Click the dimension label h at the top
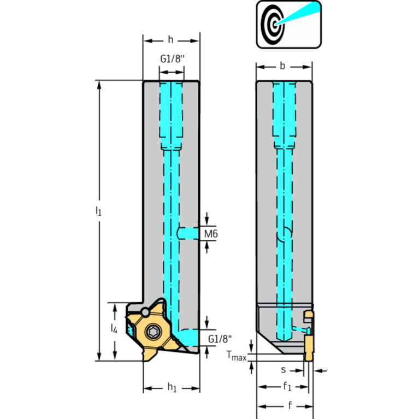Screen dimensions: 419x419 (x=170, y=40)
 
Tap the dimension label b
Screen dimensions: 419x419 (x=282, y=66)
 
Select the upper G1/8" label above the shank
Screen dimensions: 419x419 (x=173, y=58)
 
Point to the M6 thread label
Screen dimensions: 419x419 (x=211, y=234)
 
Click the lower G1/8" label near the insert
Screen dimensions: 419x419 (x=220, y=339)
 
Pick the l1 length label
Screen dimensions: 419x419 (x=98, y=210)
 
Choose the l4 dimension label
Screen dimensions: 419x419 (x=114, y=328)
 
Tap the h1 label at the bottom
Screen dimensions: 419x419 (x=172, y=387)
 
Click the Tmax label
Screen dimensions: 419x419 (x=236, y=356)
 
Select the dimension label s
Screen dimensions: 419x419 (x=284, y=370)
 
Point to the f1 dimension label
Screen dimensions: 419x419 (x=287, y=386)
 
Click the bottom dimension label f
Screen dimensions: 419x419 (x=290, y=405)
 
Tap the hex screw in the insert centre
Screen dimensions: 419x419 (x=153, y=332)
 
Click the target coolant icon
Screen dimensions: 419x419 (x=288, y=25)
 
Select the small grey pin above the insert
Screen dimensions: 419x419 (x=145, y=312)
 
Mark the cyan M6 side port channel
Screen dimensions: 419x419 (x=187, y=233)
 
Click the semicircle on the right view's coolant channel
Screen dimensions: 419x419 (x=284, y=234)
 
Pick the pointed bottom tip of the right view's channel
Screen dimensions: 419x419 (x=284, y=341)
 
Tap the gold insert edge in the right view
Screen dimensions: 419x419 (x=309, y=347)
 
